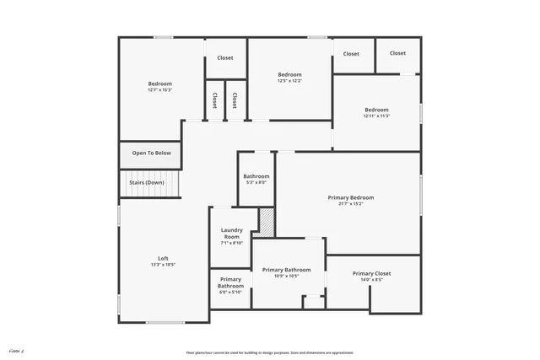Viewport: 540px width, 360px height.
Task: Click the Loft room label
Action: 163,258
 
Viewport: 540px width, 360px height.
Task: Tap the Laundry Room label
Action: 231,234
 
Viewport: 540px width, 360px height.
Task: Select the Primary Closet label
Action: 373,274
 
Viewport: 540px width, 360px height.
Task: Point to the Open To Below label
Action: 151,153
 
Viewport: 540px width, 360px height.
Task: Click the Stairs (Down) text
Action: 146,182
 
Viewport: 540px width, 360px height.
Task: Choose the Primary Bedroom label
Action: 351,197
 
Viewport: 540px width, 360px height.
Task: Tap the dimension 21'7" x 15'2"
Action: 351,204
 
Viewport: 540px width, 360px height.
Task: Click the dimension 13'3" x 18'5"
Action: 163,265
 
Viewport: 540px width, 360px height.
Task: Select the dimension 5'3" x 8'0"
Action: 256,182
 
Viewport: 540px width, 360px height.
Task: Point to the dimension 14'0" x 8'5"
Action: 373,281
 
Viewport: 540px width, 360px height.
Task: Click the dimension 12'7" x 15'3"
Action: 160,90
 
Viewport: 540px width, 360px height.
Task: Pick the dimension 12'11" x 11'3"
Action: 376,116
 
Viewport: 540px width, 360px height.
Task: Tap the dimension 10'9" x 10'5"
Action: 286,277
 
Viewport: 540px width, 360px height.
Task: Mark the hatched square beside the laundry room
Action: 267,221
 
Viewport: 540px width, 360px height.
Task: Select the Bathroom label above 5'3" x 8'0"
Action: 256,176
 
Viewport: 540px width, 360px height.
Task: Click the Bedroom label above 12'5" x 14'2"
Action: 289,75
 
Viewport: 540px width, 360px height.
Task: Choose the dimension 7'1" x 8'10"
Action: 231,243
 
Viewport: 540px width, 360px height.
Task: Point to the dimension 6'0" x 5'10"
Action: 230,293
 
